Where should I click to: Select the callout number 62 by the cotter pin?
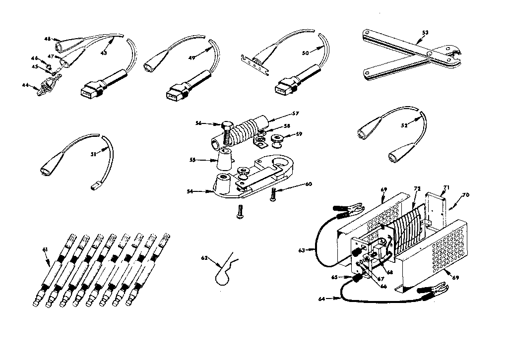coord(204,258)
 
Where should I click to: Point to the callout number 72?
coord(417,190)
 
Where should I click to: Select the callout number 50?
coord(306,51)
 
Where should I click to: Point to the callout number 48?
coord(47,39)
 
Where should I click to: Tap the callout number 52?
coord(404,125)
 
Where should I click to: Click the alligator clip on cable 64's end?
coord(437,289)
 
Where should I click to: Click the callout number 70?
coord(465,195)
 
